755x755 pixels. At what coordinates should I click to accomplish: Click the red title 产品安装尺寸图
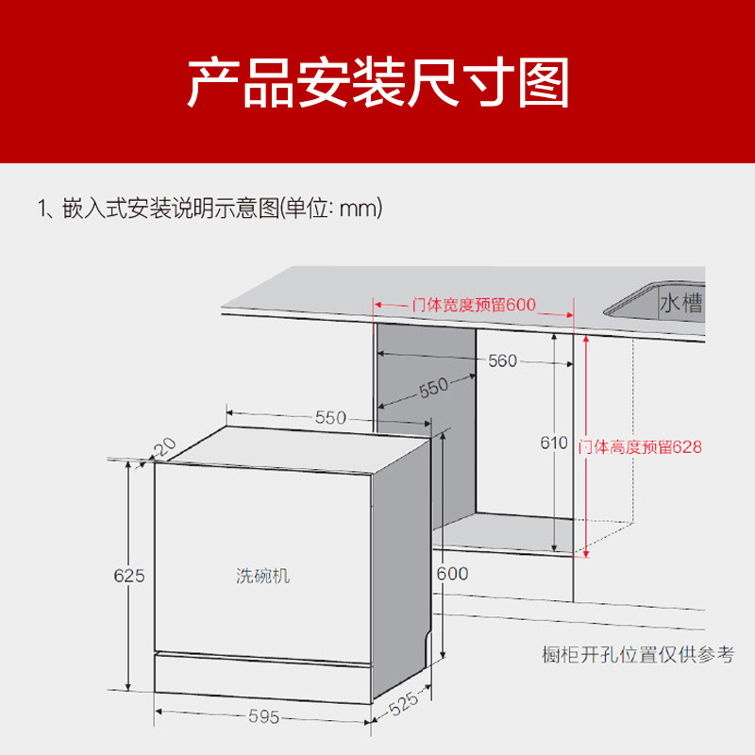(x=377, y=83)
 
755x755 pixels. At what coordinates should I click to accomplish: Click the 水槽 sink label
(x=681, y=303)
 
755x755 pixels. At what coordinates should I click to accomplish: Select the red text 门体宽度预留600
(x=474, y=305)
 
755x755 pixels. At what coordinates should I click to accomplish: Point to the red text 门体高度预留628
(x=640, y=446)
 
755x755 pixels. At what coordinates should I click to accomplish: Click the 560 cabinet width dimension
(x=503, y=361)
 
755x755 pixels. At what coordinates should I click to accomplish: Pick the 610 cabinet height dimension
(x=554, y=443)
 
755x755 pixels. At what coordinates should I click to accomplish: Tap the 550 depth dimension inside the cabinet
(x=433, y=387)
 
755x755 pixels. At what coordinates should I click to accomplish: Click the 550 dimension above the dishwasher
(x=330, y=418)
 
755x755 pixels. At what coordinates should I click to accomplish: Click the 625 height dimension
(x=128, y=575)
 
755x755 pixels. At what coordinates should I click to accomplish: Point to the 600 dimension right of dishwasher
(x=452, y=574)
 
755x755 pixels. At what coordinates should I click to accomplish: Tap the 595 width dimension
(x=264, y=717)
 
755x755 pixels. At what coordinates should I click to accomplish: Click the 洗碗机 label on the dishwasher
(x=262, y=576)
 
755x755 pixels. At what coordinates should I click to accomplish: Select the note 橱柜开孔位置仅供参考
(x=638, y=655)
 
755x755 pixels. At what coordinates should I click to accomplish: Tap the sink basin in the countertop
(x=661, y=307)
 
